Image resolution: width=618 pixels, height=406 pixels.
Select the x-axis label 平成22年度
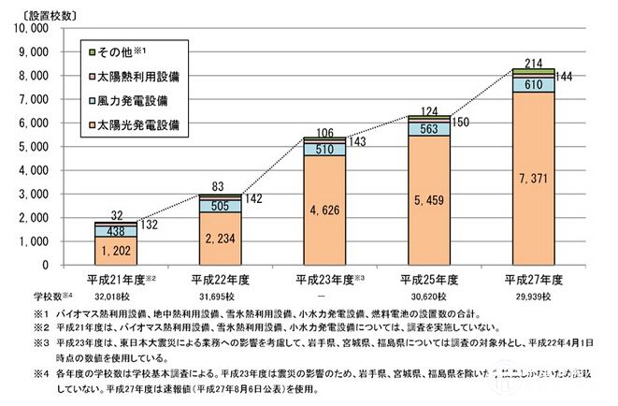(220, 278)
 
